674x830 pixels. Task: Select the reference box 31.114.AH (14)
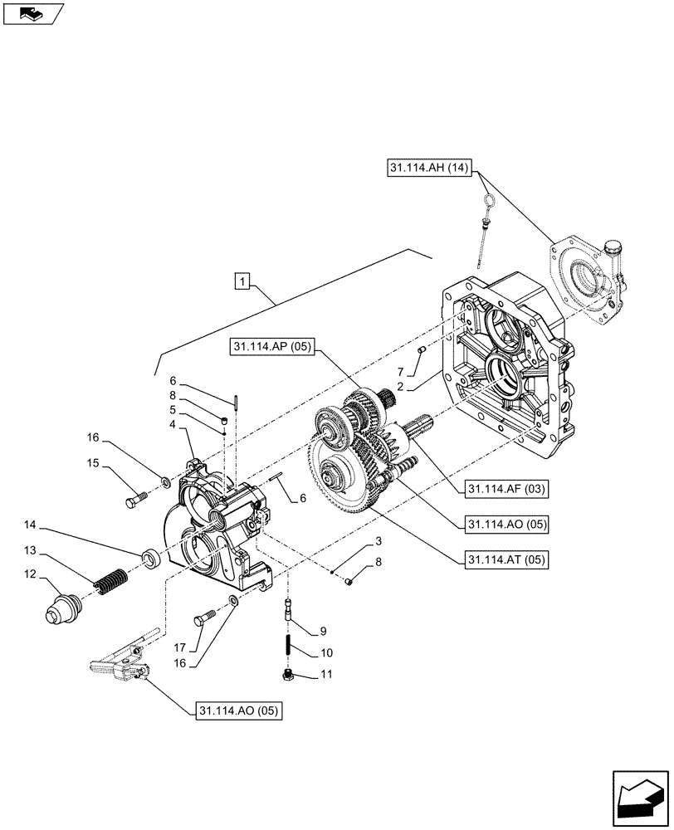point(429,169)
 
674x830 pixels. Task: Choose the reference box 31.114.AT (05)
point(508,559)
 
